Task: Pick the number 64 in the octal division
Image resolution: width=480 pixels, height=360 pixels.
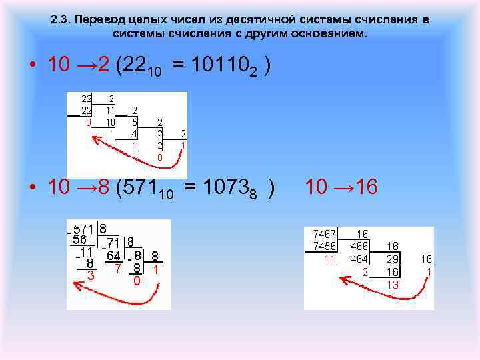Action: coord(114,256)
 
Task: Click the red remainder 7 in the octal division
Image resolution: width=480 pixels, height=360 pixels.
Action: coord(117,269)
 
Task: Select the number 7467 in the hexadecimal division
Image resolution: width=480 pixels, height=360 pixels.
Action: coord(325,235)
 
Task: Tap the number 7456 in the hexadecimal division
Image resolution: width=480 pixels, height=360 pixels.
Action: coord(325,247)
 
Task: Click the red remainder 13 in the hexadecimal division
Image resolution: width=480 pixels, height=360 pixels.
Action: coord(393,283)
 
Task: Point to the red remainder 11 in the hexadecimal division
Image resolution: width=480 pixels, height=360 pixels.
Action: coord(329,259)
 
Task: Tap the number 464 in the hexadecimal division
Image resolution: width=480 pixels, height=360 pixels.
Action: coord(361,259)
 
